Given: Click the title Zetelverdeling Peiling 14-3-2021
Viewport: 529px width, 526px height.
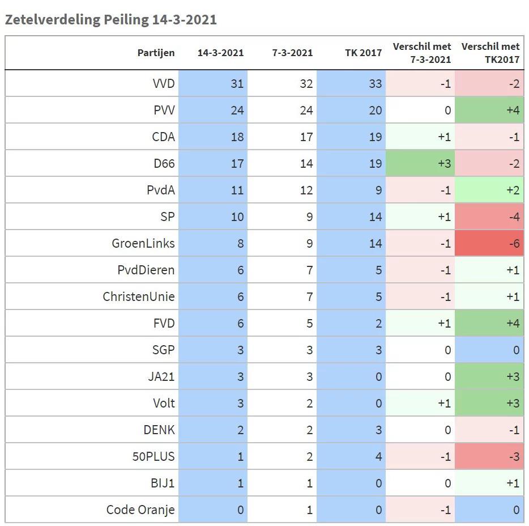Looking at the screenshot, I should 110,19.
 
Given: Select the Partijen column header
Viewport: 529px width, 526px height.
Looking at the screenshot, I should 156,53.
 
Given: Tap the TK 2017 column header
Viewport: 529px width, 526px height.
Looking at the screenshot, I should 363,53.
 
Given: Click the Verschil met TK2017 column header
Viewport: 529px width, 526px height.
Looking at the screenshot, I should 490,53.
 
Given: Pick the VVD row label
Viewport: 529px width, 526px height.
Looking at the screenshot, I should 164,83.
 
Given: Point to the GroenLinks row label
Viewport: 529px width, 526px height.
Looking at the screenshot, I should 143,243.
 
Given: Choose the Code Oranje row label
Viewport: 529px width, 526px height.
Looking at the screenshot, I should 140,510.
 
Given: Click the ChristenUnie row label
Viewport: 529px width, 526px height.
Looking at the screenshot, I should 139,296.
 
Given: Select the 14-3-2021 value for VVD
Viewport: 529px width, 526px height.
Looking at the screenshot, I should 237,83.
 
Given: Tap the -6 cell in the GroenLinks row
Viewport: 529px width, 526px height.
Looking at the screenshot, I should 513,243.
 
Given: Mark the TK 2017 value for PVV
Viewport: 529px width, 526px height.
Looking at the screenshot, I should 375,110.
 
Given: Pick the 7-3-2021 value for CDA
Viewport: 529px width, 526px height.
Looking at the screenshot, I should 306,137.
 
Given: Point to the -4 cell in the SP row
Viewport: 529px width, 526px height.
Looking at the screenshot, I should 513,217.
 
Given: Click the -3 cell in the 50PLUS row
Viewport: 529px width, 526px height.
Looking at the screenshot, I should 513,456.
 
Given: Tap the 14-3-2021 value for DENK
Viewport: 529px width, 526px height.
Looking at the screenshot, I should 240,430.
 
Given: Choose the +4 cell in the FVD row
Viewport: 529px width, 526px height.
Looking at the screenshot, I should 512,323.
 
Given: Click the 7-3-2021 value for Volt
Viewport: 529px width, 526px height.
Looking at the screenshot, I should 309,403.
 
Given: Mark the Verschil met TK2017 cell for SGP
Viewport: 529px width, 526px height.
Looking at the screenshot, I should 515,350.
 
